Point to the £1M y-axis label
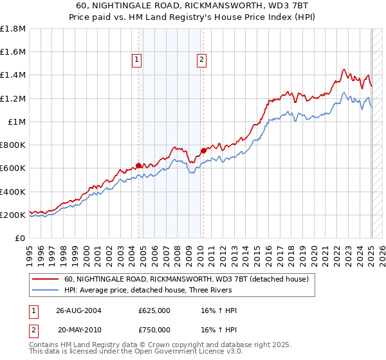pyautogui.click(x=17, y=122)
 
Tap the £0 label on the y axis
pyautogui.click(x=21, y=238)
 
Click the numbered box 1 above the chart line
pyautogui.click(x=137, y=60)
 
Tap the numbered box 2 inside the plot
pyautogui.click(x=201, y=60)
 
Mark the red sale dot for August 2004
pyautogui.click(x=139, y=165)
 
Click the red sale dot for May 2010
pyautogui.click(x=203, y=151)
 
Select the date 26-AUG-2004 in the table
pyautogui.click(x=78, y=310)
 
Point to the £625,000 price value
pyautogui.click(x=154, y=310)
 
